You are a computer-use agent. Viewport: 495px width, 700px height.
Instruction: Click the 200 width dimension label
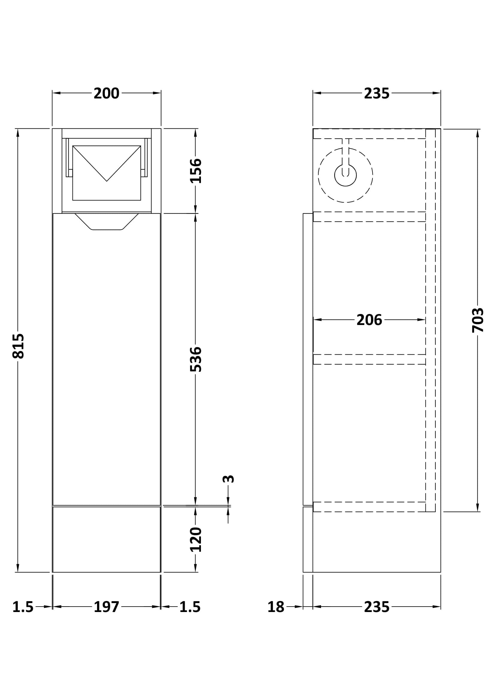point(106,93)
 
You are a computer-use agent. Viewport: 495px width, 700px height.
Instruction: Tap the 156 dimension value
point(196,171)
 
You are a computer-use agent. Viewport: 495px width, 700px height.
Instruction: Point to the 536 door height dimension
point(196,359)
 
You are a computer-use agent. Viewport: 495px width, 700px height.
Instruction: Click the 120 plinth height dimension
point(196,539)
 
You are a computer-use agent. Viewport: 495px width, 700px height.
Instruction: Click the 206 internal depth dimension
point(369,320)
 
